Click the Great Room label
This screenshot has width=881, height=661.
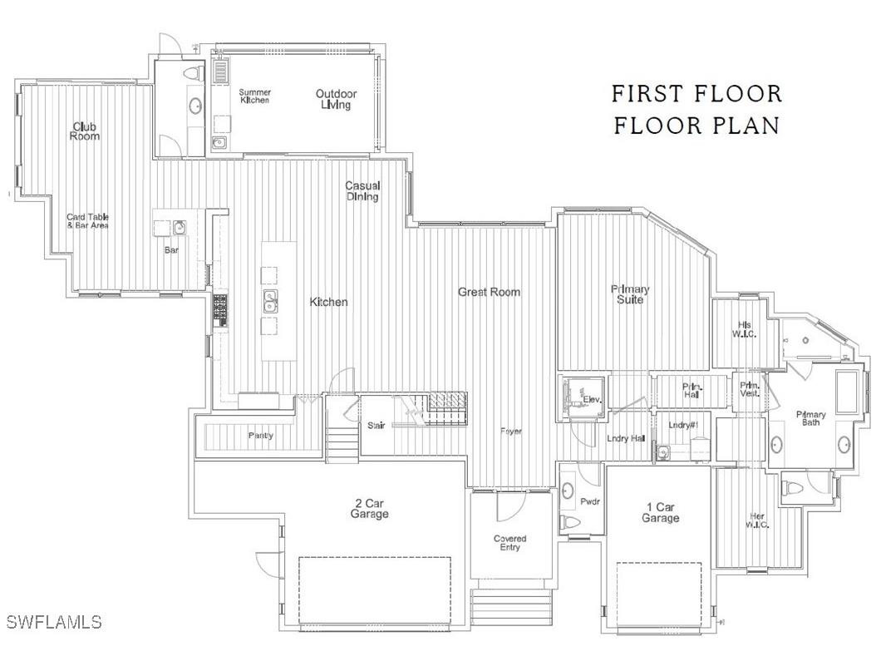[x=489, y=292]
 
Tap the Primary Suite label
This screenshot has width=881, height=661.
[x=630, y=294]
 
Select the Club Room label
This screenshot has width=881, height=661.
[x=84, y=131]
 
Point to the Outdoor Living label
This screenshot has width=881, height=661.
[x=337, y=99]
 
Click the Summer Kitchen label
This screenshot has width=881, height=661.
[x=254, y=96]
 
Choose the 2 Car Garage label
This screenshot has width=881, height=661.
[x=369, y=509]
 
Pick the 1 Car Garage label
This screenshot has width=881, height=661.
[x=660, y=512]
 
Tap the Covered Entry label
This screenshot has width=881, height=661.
[x=509, y=544]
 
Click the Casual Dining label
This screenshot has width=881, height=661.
[x=363, y=191]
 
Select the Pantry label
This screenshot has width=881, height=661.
[x=260, y=436]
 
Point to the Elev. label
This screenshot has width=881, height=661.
[x=591, y=400]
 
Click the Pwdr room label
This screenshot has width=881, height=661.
[x=590, y=501]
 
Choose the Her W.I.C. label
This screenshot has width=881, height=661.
[x=756, y=520]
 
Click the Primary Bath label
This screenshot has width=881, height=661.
[x=810, y=419]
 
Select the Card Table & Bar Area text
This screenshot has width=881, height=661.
[x=88, y=221]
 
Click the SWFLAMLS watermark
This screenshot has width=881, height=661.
[x=54, y=622]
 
